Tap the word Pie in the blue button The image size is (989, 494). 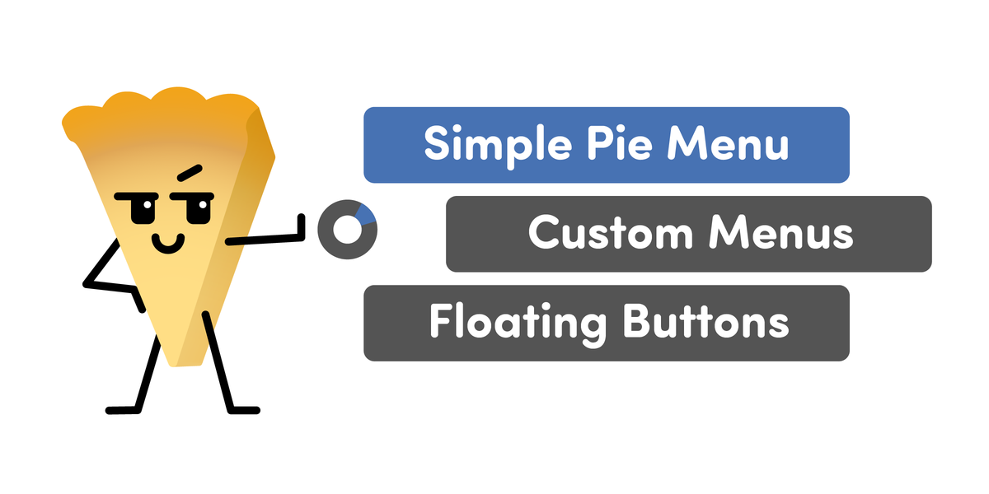[620, 143]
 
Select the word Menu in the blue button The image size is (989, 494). [728, 144]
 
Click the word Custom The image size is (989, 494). [611, 233]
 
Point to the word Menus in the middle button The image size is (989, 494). [781, 233]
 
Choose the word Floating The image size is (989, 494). [518, 324]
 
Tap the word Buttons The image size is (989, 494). [705, 322]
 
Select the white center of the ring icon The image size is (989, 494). [348, 230]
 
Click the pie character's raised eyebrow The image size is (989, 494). [190, 173]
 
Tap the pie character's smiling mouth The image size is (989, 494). [168, 244]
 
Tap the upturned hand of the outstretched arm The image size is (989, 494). [301, 227]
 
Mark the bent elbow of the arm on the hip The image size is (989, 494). [87, 285]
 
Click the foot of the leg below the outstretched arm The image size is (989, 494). [244, 411]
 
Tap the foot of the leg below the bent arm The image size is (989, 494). [123, 411]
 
